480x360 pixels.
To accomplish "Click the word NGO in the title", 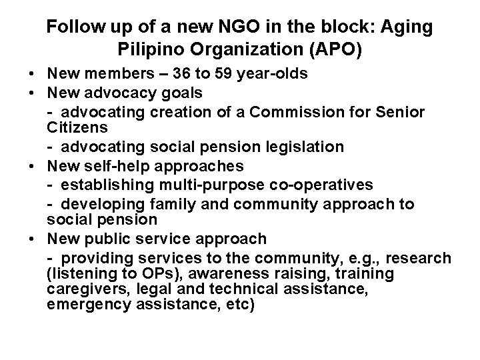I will click(230, 27).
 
